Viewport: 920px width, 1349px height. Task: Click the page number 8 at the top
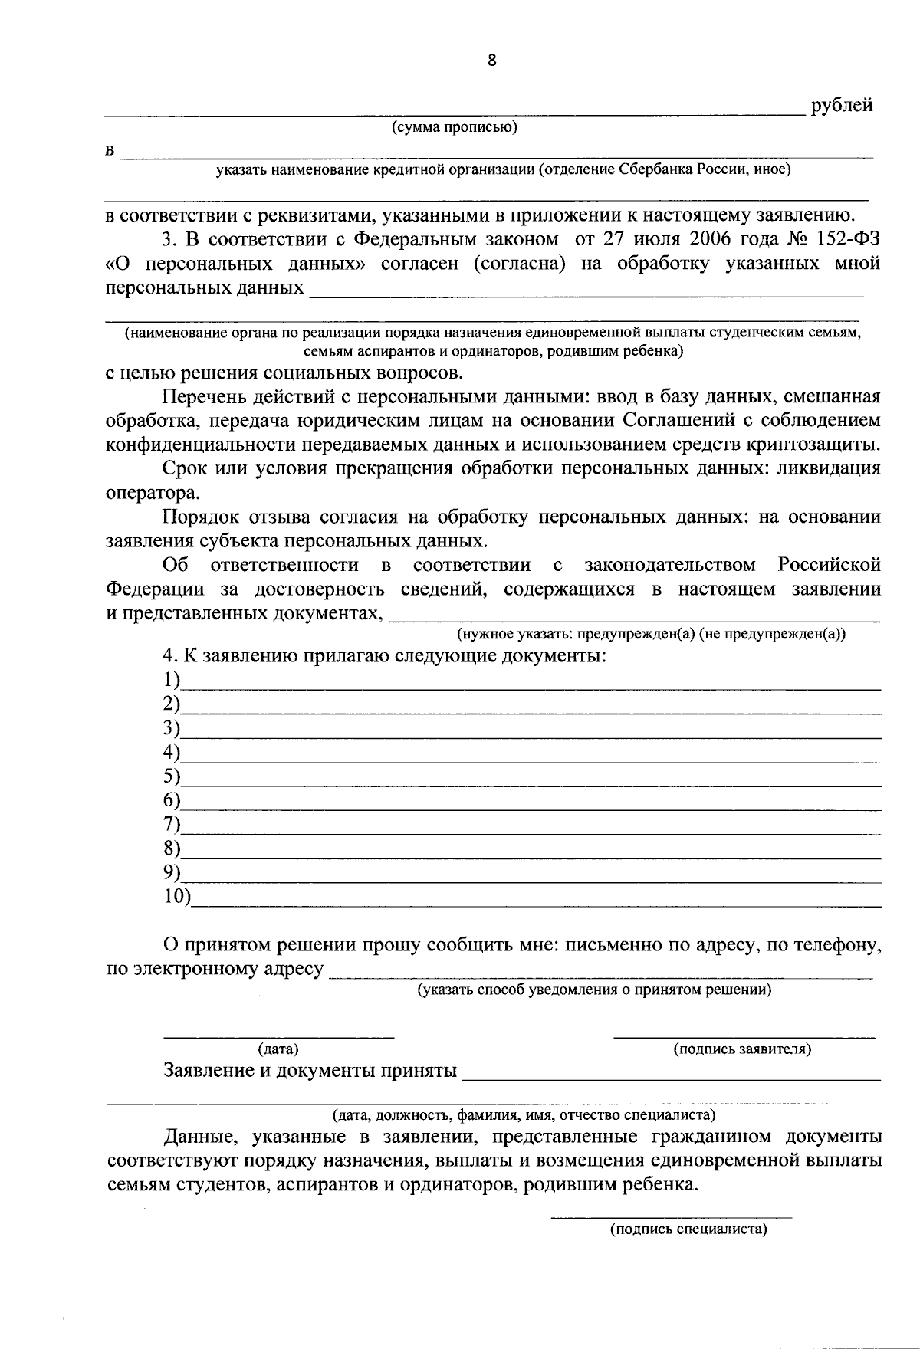click(x=491, y=61)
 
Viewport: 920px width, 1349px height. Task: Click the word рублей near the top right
click(x=841, y=106)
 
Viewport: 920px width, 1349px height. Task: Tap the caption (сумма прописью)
click(x=455, y=127)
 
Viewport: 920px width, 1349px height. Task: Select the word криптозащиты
click(x=816, y=444)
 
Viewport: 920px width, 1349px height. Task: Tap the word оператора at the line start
click(x=144, y=493)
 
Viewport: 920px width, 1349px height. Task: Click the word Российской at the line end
click(x=829, y=566)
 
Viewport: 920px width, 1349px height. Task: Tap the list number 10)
click(x=177, y=896)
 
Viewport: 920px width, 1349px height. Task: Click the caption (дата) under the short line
click(x=278, y=1049)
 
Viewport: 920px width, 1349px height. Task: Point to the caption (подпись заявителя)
click(x=742, y=1049)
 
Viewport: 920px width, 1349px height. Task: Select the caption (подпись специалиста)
click(x=688, y=1229)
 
